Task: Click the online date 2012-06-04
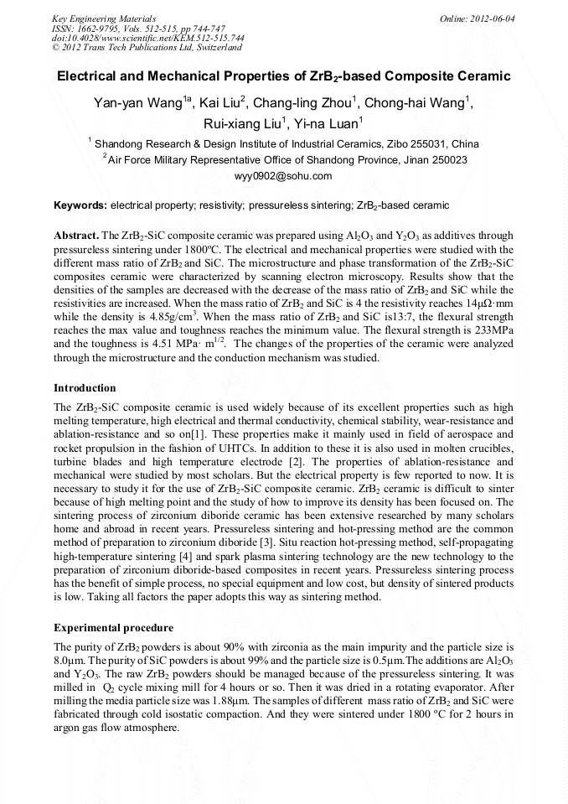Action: click(492, 18)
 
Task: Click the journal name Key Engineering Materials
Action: click(104, 18)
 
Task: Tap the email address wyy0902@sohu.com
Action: click(284, 176)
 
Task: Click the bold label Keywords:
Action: click(80, 205)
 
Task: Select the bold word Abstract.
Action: click(75, 236)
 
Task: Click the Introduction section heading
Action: click(85, 388)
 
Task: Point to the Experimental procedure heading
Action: click(113, 627)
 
